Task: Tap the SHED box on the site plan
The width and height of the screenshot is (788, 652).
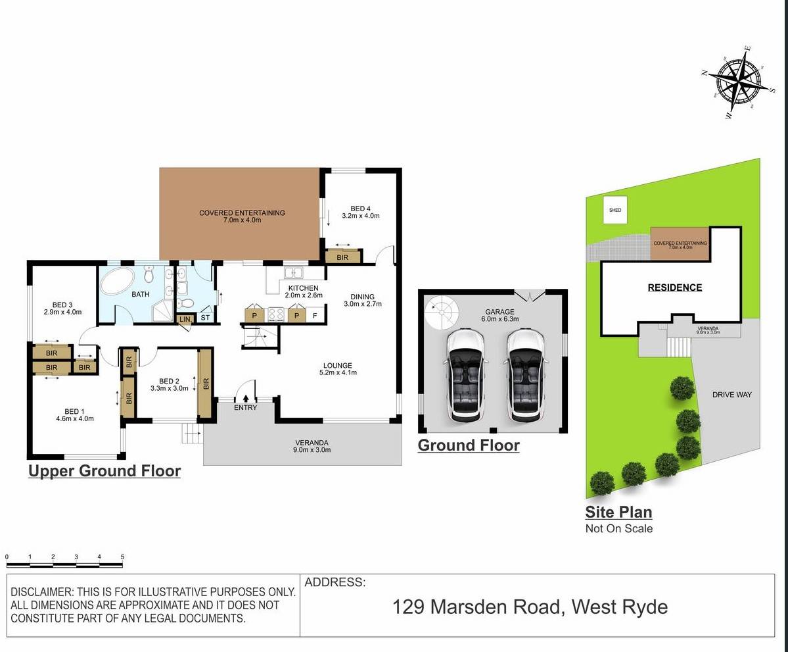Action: click(615, 210)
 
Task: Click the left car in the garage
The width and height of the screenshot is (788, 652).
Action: click(467, 375)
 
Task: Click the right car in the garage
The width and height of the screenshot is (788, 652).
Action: click(526, 375)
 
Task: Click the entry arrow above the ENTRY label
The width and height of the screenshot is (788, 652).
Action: click(246, 397)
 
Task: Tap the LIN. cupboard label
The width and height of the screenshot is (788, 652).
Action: click(185, 319)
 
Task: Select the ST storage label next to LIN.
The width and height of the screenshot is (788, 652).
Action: click(204, 319)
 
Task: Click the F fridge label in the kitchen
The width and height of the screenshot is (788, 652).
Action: click(315, 316)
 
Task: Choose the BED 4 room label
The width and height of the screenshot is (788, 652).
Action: click(361, 209)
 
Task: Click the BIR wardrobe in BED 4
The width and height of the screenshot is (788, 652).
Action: click(342, 257)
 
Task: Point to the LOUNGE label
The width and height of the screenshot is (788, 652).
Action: click(337, 365)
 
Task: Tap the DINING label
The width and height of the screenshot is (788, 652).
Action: click(362, 297)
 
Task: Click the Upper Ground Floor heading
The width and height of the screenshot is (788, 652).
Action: click(104, 471)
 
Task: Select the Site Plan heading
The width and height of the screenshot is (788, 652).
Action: click(618, 512)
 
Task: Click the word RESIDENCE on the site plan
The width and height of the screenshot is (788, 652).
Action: click(675, 288)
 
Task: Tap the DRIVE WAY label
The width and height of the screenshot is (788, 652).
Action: click(731, 395)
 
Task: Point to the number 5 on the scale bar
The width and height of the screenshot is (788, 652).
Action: click(122, 557)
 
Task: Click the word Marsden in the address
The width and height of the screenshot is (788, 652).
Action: click(469, 606)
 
